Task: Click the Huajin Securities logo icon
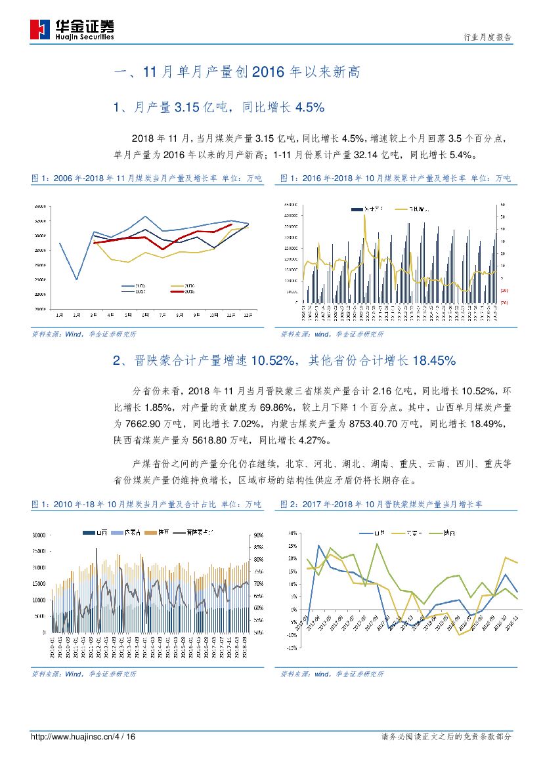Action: pos(41,30)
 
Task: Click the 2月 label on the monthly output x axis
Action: pos(76,315)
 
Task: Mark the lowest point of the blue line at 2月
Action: pos(76,280)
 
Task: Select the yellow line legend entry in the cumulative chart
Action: pos(411,208)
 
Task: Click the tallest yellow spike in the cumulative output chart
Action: pos(364,215)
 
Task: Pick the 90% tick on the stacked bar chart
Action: pos(257,535)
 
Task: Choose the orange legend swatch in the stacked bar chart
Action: pos(148,530)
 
